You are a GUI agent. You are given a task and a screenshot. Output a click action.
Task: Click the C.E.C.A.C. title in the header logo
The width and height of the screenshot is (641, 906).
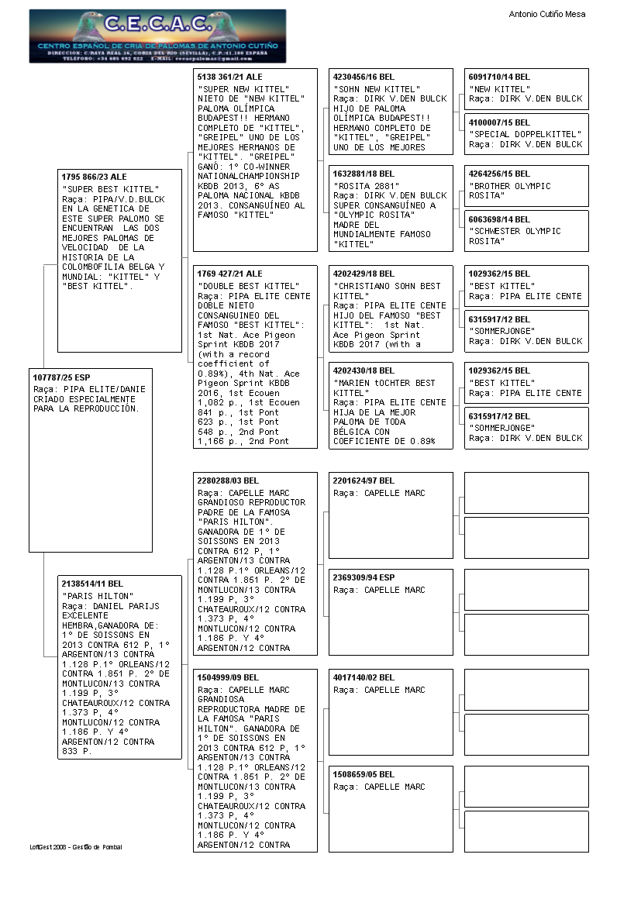click(157, 24)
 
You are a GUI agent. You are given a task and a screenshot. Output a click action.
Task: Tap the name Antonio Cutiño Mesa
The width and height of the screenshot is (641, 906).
click(547, 14)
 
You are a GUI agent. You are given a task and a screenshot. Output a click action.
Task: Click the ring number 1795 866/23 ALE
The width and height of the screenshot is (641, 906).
click(94, 177)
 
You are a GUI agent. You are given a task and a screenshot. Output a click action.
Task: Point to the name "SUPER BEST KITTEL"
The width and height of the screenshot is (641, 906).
click(111, 189)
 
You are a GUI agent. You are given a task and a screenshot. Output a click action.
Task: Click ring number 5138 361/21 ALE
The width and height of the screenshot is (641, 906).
click(230, 78)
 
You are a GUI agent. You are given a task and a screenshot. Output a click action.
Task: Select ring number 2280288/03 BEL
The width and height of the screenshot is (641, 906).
click(228, 481)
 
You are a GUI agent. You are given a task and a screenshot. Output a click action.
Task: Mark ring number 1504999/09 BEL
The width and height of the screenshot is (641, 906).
click(228, 677)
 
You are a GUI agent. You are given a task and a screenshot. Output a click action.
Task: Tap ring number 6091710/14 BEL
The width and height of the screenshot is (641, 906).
click(499, 78)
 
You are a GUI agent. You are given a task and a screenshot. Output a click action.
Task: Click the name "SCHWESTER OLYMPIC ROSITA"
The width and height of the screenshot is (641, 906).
click(515, 236)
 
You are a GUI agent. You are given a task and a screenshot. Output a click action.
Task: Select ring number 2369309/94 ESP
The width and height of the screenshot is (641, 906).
click(364, 577)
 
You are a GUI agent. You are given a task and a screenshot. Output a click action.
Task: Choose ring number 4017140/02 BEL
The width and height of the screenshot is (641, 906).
click(364, 677)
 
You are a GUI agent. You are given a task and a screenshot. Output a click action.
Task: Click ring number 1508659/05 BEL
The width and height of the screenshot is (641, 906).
click(364, 774)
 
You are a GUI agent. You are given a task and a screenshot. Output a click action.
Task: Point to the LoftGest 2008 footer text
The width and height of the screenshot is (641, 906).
click(76, 847)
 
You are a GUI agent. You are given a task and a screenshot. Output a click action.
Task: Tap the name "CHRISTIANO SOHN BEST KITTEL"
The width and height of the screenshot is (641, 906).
click(387, 291)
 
